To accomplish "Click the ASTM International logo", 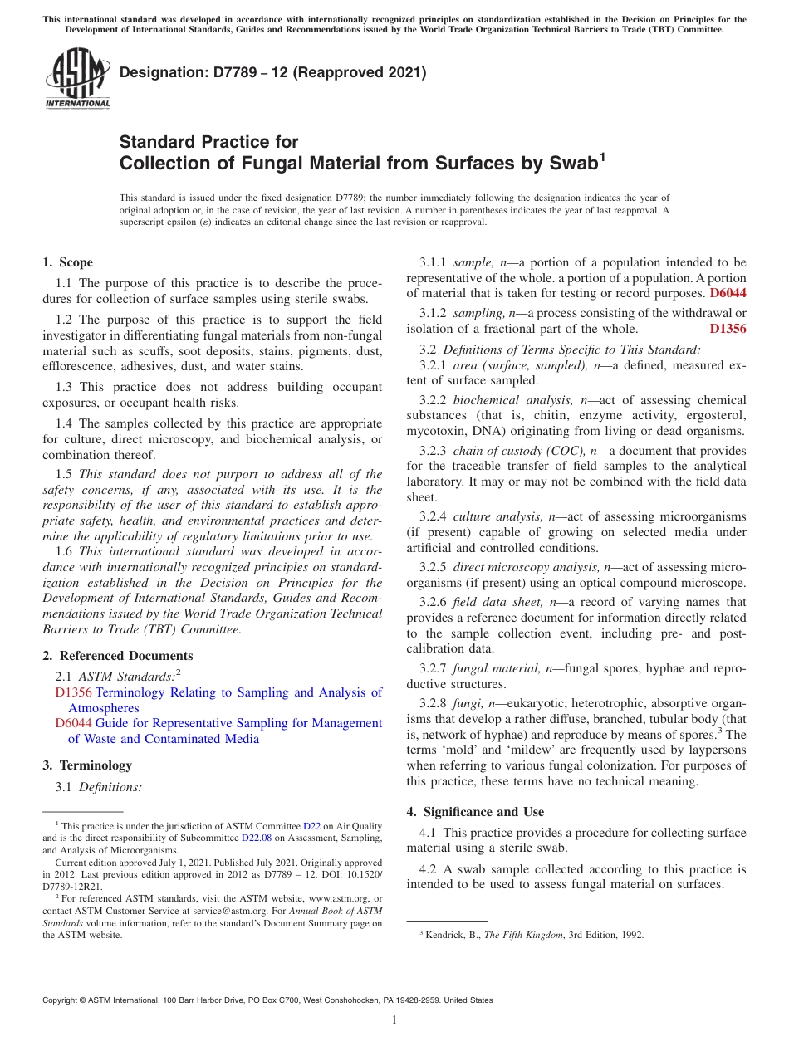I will click(x=76, y=78).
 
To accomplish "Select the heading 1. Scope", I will click(x=68, y=262).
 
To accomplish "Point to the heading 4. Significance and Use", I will click(x=475, y=812).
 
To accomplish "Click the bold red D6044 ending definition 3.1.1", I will click(x=728, y=293).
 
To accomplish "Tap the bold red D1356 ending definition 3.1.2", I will click(x=728, y=329).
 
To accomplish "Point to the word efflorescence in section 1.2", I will click(x=78, y=366).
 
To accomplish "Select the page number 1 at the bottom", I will click(x=394, y=1020).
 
